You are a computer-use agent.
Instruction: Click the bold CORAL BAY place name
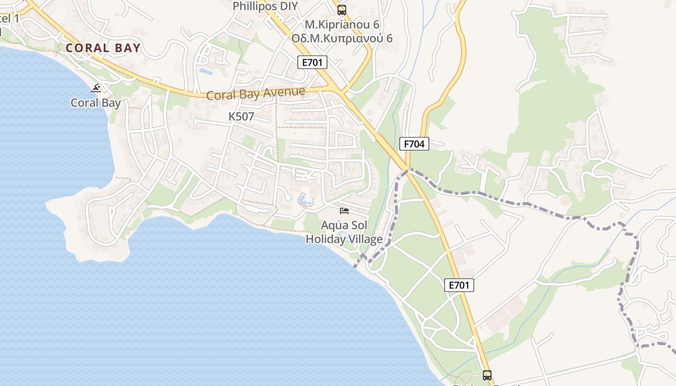(x=103, y=48)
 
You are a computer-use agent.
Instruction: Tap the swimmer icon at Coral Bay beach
(x=96, y=88)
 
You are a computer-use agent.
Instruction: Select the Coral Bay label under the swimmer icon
(x=96, y=103)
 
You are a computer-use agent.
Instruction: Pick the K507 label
(x=241, y=116)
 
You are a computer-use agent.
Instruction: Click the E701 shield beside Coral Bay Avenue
(x=312, y=62)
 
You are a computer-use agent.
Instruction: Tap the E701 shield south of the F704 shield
(x=459, y=285)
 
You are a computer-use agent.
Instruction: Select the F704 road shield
(x=414, y=143)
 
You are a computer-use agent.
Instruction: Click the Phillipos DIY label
(x=265, y=6)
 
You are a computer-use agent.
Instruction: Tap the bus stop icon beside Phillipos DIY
(x=341, y=10)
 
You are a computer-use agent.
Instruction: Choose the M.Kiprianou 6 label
(x=342, y=24)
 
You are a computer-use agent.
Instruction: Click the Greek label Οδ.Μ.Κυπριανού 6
(x=342, y=38)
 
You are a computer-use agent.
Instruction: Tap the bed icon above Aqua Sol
(x=344, y=210)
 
